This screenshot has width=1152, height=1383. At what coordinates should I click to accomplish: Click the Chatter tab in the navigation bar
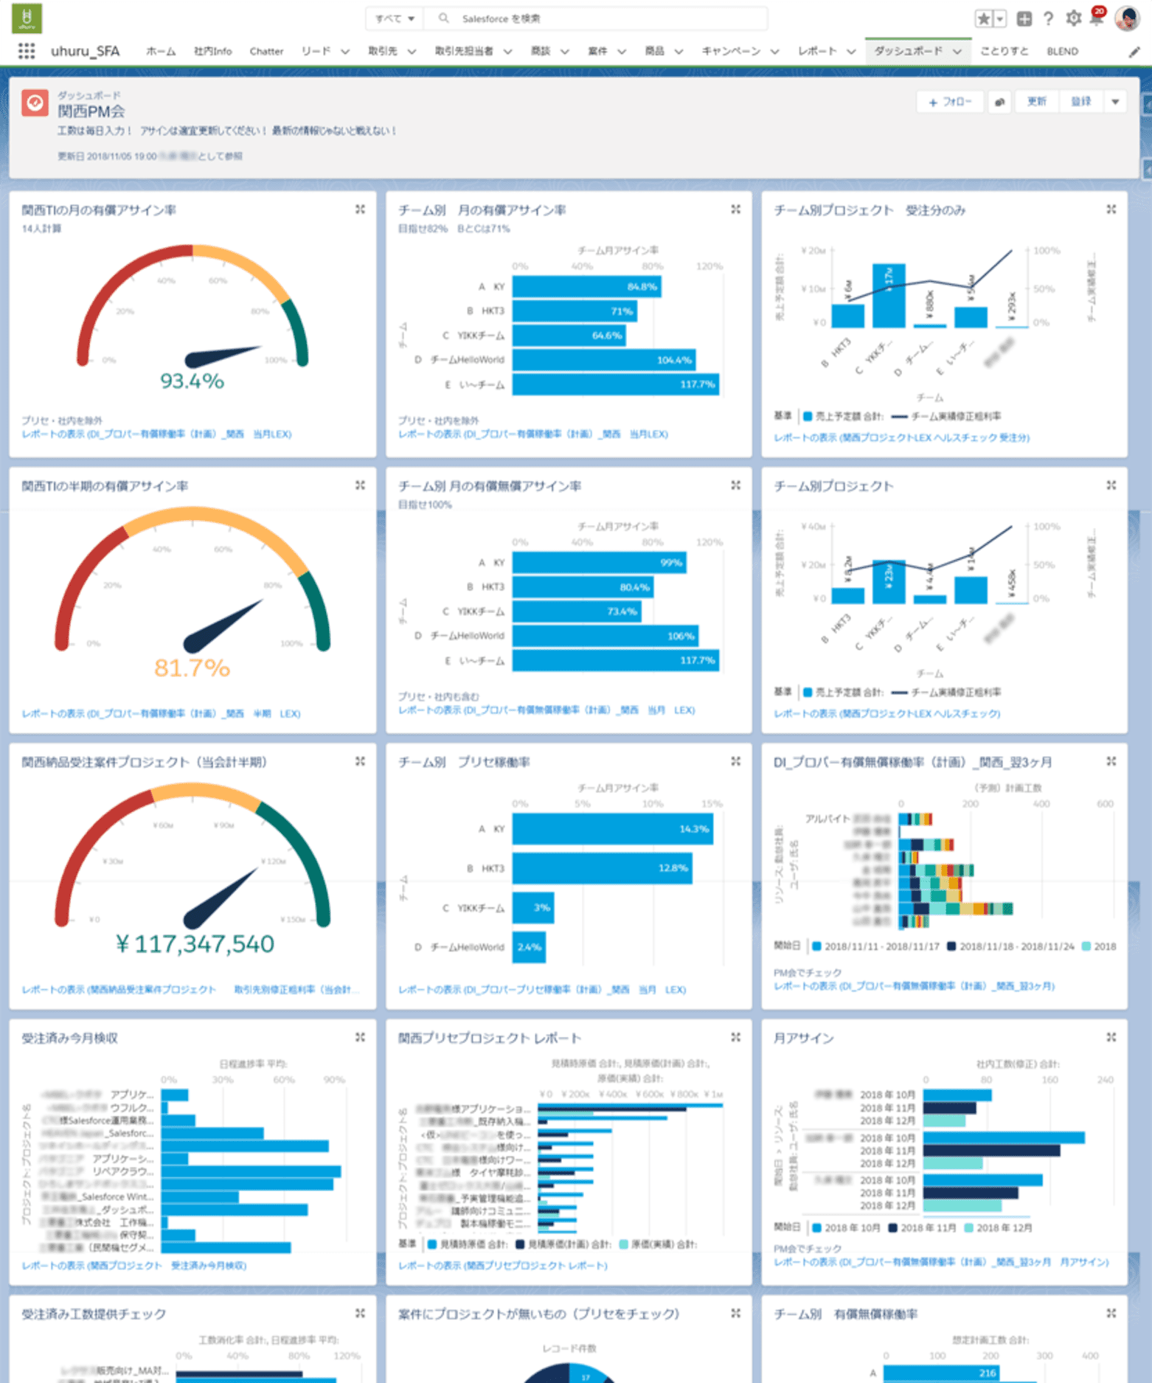point(266,52)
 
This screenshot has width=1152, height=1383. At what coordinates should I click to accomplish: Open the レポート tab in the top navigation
point(817,52)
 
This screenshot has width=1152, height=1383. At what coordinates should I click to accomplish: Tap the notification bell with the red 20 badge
point(1096,18)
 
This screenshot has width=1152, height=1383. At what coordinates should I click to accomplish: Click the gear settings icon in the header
point(1073,18)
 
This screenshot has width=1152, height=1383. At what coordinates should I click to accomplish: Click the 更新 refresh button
point(1036,102)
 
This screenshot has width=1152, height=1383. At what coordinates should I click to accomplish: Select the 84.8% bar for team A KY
point(586,287)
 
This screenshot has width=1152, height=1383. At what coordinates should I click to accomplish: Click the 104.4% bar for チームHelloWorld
point(603,360)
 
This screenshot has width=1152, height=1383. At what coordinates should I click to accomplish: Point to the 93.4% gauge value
point(192,381)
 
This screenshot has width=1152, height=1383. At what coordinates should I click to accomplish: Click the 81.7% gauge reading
point(192,668)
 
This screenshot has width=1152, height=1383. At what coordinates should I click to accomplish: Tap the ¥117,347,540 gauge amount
point(195,944)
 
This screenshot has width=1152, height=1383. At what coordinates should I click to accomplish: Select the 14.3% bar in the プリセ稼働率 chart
point(612,829)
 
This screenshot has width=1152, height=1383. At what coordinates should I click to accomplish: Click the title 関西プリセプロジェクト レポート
point(489,1039)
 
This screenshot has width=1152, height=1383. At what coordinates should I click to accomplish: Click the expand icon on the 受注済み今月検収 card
point(360,1037)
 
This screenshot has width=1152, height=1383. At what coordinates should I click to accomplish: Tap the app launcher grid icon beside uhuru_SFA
point(27,51)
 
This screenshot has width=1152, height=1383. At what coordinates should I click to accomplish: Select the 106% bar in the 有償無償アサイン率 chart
point(605,636)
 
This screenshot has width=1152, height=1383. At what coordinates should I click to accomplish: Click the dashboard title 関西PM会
point(91,111)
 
